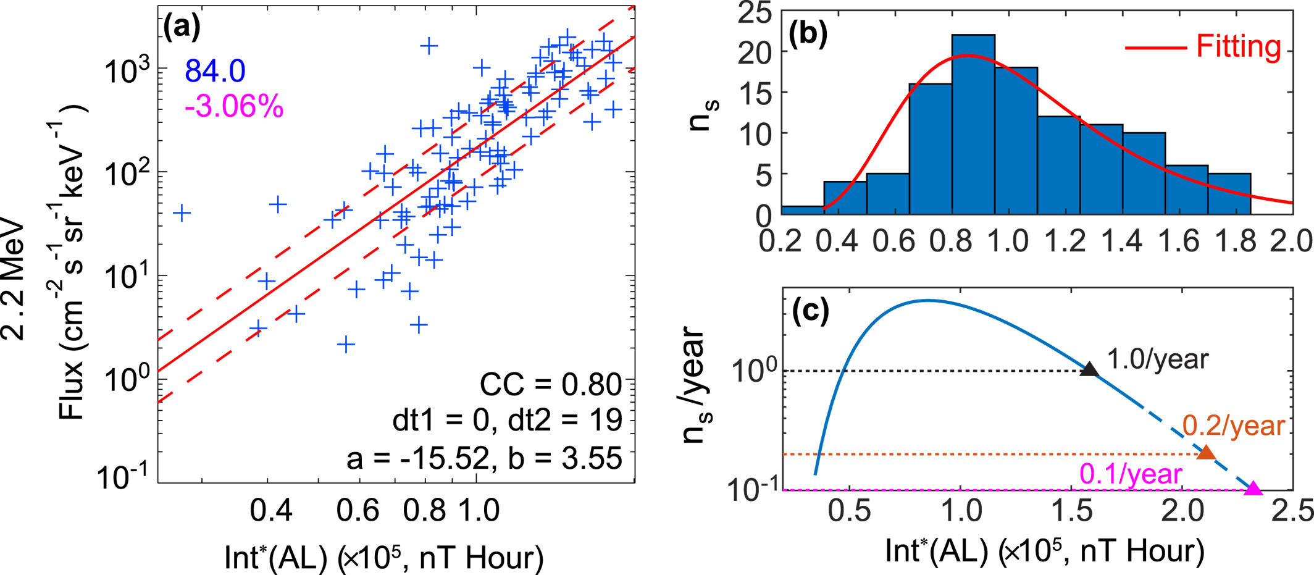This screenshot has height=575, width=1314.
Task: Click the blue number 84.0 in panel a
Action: click(x=215, y=71)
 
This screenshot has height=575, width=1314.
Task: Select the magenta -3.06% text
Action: click(x=234, y=107)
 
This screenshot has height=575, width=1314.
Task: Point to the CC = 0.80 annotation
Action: click(x=551, y=385)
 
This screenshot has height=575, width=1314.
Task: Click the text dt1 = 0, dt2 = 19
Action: click(x=507, y=421)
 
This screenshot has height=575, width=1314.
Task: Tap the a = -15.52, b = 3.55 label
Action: click(x=484, y=458)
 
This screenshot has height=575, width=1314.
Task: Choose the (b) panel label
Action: click(x=808, y=35)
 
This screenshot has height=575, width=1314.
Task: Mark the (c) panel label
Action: click(x=810, y=311)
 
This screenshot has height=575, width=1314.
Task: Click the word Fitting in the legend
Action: click(x=1239, y=46)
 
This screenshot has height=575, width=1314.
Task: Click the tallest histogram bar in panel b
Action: click(x=973, y=124)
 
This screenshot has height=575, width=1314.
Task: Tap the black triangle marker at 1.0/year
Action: click(x=1090, y=369)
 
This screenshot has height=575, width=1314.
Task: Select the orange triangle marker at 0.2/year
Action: click(x=1206, y=453)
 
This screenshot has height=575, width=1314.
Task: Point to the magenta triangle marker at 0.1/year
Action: click(x=1253, y=489)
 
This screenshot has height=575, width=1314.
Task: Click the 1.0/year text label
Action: click(x=1158, y=359)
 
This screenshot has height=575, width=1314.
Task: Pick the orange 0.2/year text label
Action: click(x=1234, y=426)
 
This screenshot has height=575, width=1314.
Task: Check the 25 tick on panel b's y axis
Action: click(x=755, y=12)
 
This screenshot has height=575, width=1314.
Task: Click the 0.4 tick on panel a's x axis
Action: click(x=271, y=511)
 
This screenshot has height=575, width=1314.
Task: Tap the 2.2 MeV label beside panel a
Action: click(x=14, y=282)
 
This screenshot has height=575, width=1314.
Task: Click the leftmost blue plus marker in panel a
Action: click(x=182, y=213)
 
